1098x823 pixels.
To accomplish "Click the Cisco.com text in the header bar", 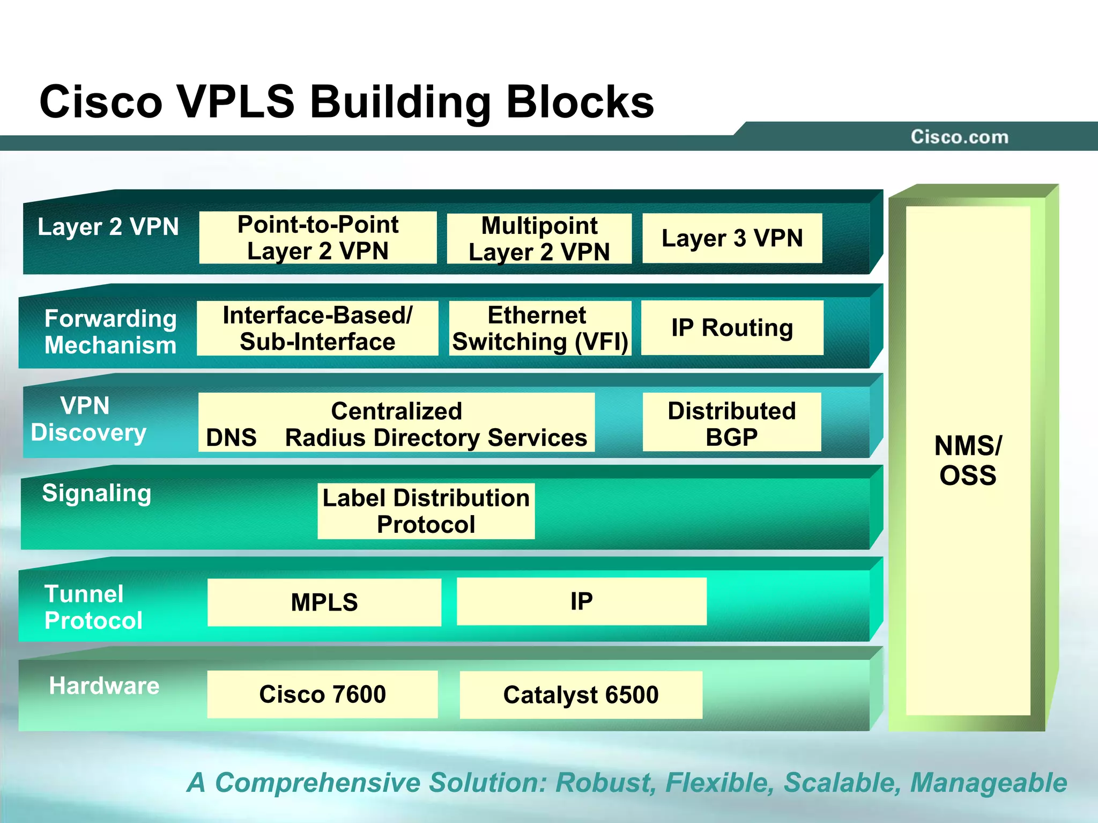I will pos(959,137).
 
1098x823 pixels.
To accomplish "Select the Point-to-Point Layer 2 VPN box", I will pos(318,238).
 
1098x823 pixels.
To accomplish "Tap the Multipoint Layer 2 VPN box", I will pos(539,239).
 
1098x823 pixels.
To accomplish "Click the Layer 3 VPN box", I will pos(732,238).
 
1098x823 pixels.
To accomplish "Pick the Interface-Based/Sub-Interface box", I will pos(317,328).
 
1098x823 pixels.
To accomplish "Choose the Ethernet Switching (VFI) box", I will pos(540,328).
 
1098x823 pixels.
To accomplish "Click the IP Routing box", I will pos(732,327).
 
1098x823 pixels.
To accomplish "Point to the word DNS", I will pos(231,438).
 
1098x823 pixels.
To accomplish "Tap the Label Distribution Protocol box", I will pos(426,511).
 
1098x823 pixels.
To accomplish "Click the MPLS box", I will pos(324,602).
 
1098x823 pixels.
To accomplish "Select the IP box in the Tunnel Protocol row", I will pos(581,601).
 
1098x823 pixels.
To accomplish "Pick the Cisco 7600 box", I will pos(322,694).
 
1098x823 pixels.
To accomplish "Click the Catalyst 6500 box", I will pos(581,695).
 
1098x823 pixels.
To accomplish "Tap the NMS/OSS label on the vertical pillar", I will pos(968,460).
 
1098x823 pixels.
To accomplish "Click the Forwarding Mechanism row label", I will pos(110,332).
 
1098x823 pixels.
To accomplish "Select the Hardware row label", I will pos(104,686).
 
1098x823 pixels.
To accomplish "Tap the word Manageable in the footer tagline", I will pos(989,782).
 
